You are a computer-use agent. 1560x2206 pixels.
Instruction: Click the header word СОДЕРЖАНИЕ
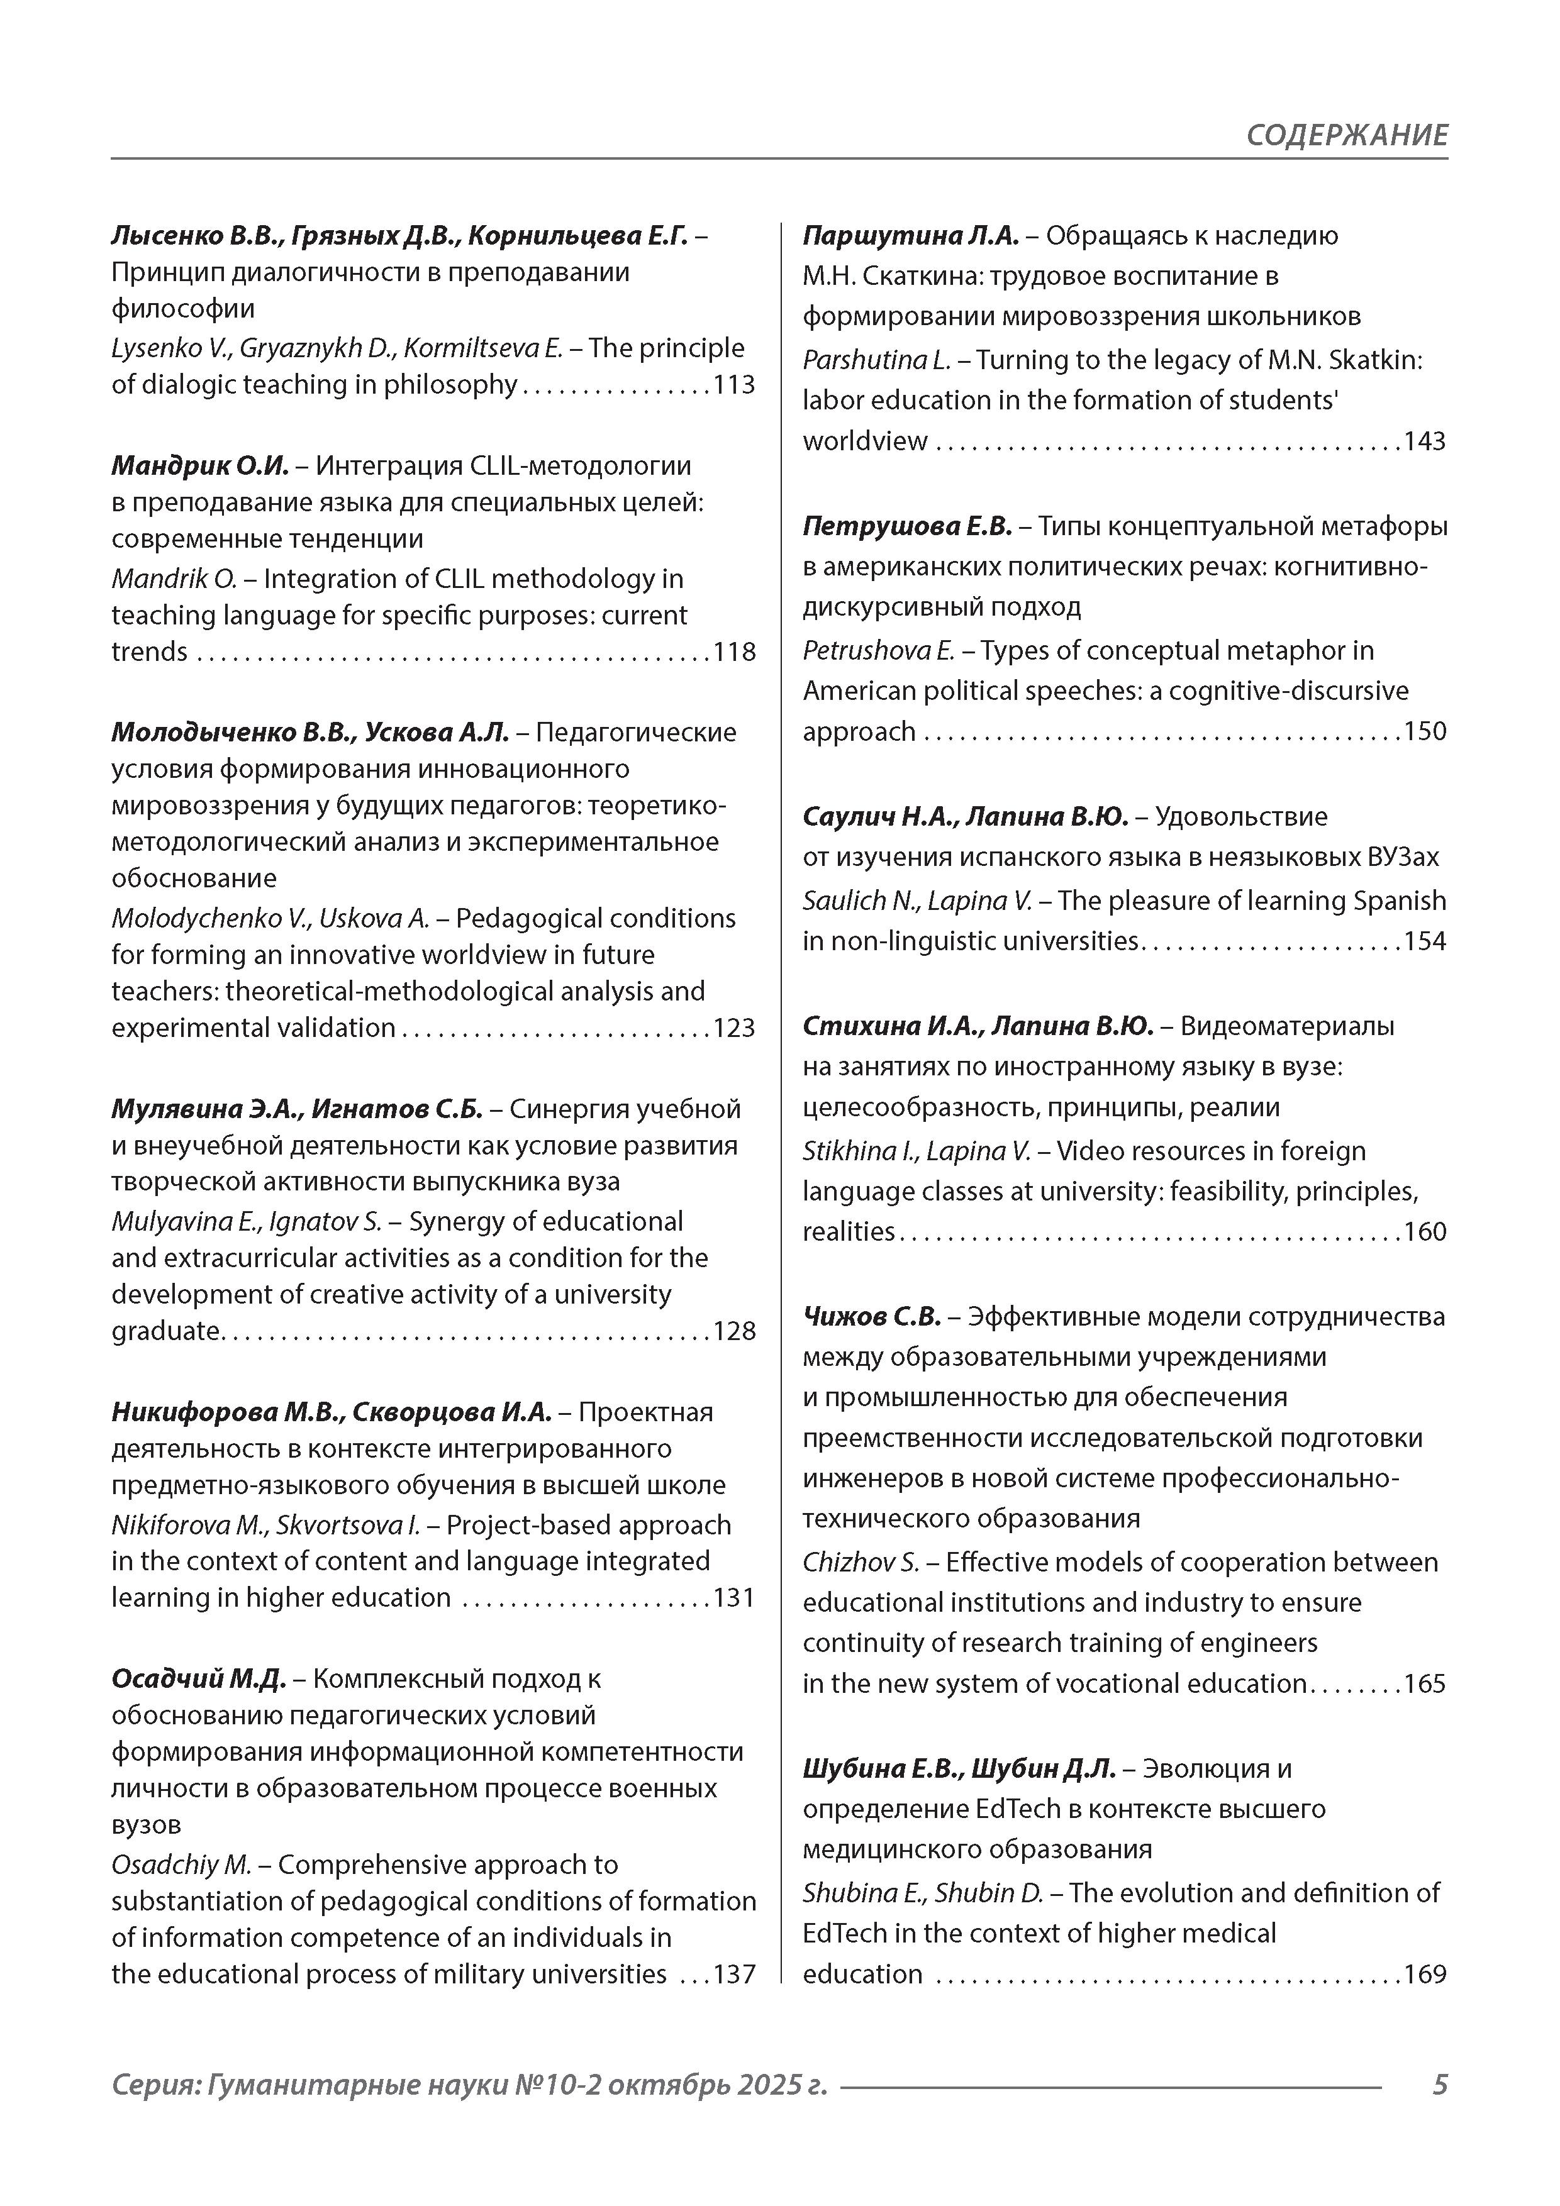[x=1347, y=135]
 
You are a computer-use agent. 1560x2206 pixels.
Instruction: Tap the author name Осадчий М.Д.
[x=199, y=1678]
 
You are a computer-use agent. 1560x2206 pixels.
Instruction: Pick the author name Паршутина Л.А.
[x=910, y=235]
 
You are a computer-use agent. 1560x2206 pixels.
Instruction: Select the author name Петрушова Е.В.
[x=907, y=526]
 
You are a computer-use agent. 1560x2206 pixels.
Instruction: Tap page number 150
[x=1425, y=731]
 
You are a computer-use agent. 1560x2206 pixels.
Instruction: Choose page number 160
[x=1425, y=1232]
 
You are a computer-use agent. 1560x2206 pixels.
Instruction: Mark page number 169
[x=1425, y=1975]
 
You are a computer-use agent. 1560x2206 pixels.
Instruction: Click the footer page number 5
[x=1439, y=2085]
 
